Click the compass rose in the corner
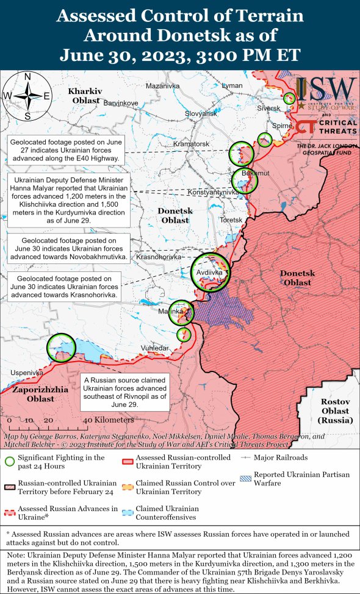(27, 95)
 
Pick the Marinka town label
(171, 312)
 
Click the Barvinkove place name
(121, 103)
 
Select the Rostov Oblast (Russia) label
(336, 411)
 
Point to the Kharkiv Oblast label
(85, 95)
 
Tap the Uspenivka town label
(26, 372)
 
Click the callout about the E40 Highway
(67, 150)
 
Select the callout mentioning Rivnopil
(124, 392)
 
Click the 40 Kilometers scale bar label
(108, 420)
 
